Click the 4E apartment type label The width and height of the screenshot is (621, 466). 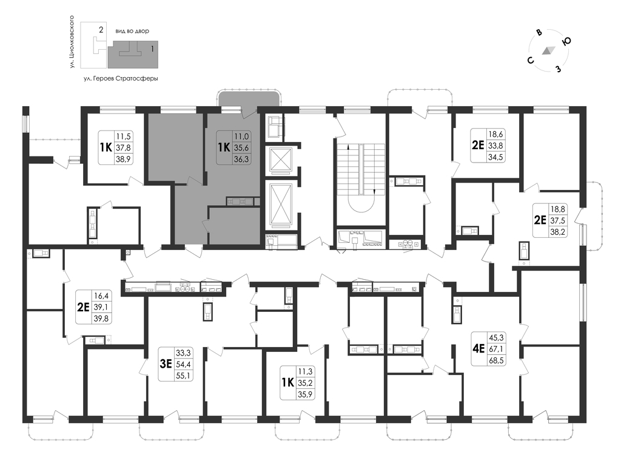click(478, 349)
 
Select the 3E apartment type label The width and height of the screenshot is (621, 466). click(166, 364)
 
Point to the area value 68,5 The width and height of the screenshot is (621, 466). click(496, 360)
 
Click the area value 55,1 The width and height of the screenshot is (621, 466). click(183, 375)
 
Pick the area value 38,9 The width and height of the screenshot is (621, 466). click(123, 159)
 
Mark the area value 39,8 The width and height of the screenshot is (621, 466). click(101, 318)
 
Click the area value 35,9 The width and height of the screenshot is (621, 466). click(305, 394)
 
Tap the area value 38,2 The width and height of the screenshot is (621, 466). click(557, 232)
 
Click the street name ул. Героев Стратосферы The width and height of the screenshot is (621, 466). click(121, 79)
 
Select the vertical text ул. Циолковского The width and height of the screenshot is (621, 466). click(72, 42)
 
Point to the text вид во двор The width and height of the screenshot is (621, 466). click(132, 31)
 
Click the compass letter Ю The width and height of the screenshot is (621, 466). click(566, 41)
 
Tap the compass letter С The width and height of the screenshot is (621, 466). click(530, 60)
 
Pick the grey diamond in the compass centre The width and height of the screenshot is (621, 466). click(548, 50)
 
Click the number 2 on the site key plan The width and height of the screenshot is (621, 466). click(101, 29)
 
